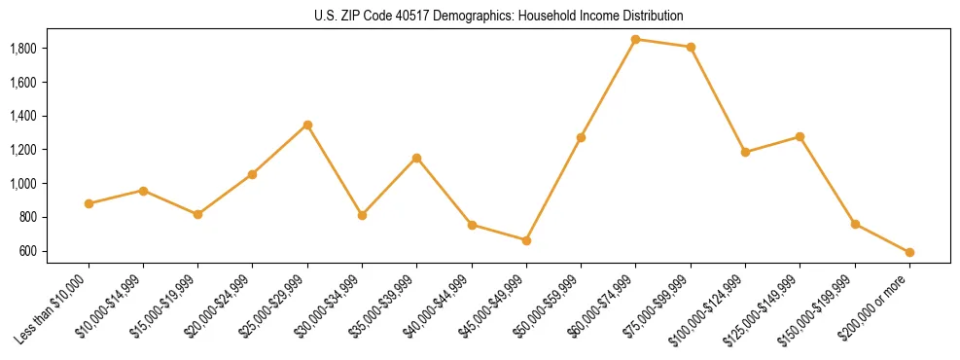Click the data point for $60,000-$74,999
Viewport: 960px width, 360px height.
(635, 40)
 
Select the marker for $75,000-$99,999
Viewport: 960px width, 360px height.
(691, 47)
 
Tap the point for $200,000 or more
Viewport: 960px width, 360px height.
(909, 252)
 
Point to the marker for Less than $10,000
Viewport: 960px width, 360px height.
(89, 203)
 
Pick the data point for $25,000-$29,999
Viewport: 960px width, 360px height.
(307, 125)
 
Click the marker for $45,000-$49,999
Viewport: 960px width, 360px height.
(526, 240)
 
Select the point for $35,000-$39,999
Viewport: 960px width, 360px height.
(416, 158)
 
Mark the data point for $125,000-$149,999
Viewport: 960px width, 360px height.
(800, 136)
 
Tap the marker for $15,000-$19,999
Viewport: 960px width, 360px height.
(198, 214)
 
